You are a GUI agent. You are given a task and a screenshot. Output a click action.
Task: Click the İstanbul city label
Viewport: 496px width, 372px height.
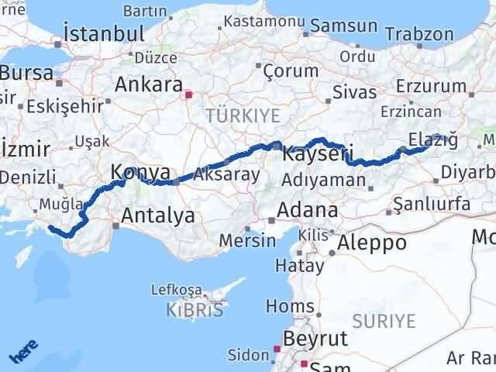pos(105,34)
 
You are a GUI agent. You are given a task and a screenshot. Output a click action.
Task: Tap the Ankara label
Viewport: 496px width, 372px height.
pos(148,83)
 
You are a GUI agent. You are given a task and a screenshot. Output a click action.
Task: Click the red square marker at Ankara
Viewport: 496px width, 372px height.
pos(188,95)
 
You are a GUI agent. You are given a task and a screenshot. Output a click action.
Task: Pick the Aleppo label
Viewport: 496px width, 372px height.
pos(373,242)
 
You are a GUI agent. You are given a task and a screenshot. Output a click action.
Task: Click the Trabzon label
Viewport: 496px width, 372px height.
pos(419,34)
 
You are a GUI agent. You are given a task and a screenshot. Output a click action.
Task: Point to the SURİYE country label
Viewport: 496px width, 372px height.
pos(384,321)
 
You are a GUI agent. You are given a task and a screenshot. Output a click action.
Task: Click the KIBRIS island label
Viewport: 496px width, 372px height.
pos(195,310)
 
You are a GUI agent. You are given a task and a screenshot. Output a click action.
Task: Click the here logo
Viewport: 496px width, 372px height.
pos(23,352)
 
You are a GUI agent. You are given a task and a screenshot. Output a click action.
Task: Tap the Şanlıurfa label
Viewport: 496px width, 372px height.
pos(432,204)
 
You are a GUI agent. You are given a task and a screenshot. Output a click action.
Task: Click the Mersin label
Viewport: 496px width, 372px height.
pos(246,240)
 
